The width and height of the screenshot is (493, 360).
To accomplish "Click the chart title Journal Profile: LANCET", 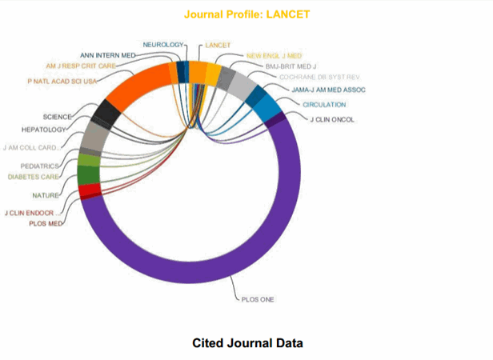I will tap(246, 14).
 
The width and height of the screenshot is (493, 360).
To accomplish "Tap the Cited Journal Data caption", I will tap(247, 343).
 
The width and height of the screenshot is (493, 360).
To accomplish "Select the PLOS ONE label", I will tap(257, 299).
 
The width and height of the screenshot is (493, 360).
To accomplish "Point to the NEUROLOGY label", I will tap(163, 44).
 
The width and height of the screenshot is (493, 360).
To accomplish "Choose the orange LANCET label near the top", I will tap(218, 45).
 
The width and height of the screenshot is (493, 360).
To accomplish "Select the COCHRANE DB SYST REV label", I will tap(314, 77).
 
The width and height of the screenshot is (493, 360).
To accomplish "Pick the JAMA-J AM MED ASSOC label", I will tap(328, 90).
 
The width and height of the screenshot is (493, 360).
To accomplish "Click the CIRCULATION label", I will tap(324, 104).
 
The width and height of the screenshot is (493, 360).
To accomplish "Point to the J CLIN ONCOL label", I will tap(331, 119).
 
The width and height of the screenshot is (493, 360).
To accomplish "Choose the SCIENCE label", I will tap(58, 117).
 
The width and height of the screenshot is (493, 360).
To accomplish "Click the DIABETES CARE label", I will tap(32, 176).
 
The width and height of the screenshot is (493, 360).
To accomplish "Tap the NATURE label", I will tap(44, 195).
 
